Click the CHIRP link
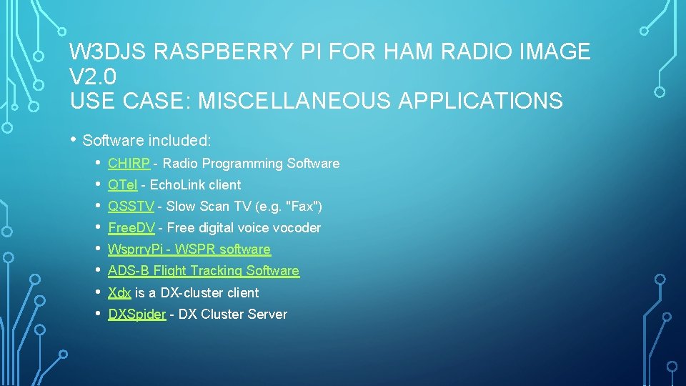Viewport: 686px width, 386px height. [x=129, y=164]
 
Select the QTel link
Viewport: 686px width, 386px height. [x=122, y=185]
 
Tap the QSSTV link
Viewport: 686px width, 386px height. [x=131, y=207]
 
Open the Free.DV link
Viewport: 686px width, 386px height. [x=131, y=228]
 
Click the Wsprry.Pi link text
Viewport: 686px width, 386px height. [x=136, y=249]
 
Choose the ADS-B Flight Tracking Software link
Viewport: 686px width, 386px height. [x=203, y=271]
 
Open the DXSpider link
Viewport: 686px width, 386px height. [x=136, y=314]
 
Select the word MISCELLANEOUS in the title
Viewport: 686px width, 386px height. [x=294, y=101]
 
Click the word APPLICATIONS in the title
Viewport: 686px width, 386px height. [x=480, y=101]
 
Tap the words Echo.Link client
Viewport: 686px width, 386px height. [x=195, y=185]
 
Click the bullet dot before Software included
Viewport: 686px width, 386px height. [x=73, y=139]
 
